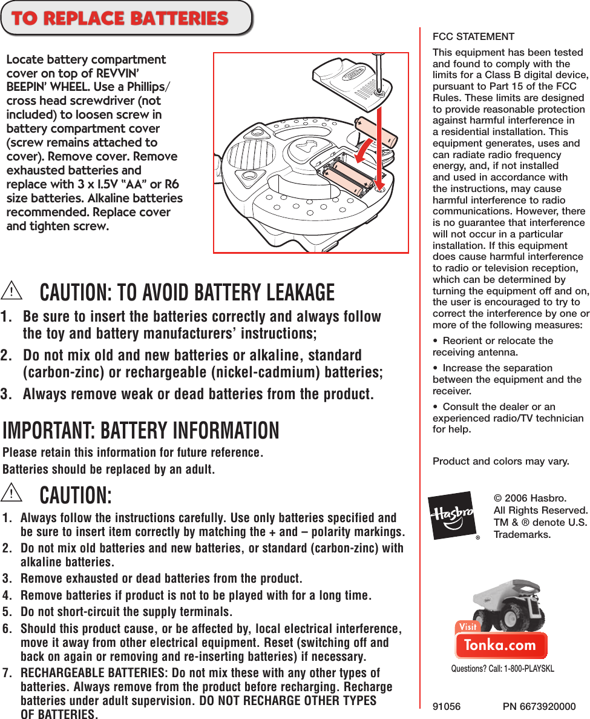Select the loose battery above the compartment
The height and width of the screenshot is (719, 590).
[x=375, y=130]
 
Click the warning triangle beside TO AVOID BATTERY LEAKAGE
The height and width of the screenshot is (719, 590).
[x=11, y=291]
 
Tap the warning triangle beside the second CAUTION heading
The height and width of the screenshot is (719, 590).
[x=11, y=493]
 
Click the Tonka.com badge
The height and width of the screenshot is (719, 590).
[x=501, y=645]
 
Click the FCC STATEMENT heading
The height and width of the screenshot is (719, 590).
[x=473, y=37]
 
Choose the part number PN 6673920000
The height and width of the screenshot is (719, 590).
[x=539, y=706]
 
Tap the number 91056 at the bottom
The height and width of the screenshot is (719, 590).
[x=447, y=706]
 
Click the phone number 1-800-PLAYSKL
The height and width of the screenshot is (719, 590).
[x=525, y=669]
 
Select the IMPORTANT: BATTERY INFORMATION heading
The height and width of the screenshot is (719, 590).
[x=141, y=430]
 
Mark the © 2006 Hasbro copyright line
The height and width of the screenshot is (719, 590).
[x=530, y=499]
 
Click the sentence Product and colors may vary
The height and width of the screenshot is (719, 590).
[x=500, y=462]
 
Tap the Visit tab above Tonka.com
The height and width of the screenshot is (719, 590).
[x=468, y=627]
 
